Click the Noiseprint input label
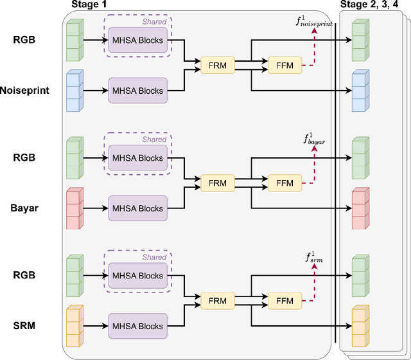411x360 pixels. click(x=24, y=91)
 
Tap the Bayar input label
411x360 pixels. click(x=24, y=208)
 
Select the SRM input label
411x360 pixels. click(x=24, y=326)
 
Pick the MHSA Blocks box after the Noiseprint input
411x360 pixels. click(x=137, y=91)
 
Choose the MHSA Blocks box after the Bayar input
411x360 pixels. click(x=137, y=208)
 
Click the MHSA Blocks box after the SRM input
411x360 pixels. click(x=137, y=326)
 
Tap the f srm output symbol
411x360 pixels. click(x=315, y=258)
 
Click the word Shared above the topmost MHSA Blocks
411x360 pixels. click(x=154, y=21)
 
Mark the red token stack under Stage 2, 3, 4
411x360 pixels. click(x=360, y=208)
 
